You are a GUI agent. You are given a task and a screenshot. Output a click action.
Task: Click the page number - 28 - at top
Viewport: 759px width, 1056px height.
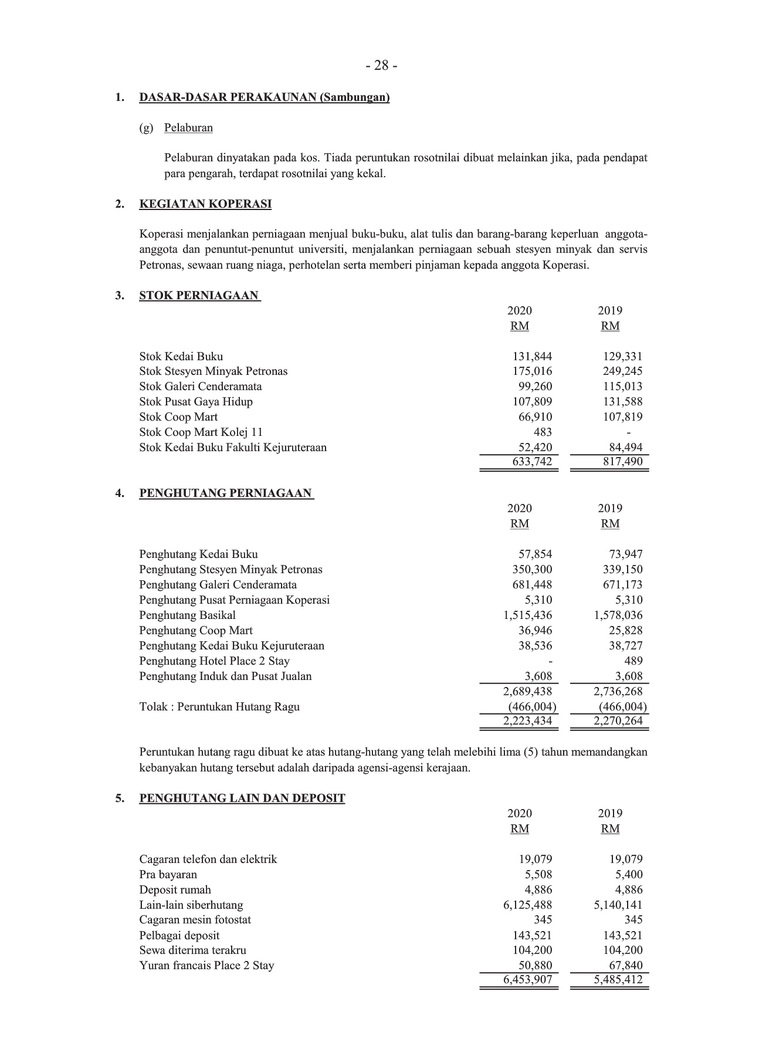(x=381, y=66)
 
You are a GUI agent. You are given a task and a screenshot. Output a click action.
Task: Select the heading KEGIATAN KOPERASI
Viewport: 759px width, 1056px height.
(x=205, y=204)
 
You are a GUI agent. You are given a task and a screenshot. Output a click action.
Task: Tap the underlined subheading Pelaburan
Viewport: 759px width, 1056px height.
(x=188, y=128)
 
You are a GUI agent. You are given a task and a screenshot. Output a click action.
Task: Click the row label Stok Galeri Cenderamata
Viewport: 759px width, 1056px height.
(x=201, y=387)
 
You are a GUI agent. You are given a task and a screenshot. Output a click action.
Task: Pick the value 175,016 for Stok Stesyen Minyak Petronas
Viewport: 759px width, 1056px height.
(x=532, y=371)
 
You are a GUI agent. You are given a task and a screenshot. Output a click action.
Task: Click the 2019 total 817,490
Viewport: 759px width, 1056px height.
(x=622, y=462)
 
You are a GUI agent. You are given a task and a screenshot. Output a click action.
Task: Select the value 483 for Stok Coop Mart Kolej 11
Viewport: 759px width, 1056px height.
(x=543, y=432)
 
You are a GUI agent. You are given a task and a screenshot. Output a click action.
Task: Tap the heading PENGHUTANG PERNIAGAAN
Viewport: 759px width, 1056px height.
(x=226, y=493)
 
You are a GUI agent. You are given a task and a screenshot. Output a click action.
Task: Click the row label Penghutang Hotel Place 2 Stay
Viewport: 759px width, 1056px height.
(x=215, y=661)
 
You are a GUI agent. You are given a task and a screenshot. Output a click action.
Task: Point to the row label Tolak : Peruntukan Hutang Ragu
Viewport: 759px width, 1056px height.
(x=219, y=707)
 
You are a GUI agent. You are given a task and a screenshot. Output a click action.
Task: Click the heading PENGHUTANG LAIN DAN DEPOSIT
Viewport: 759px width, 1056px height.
(x=242, y=798)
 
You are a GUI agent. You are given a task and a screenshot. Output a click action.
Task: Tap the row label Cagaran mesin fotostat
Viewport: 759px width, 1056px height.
(x=195, y=920)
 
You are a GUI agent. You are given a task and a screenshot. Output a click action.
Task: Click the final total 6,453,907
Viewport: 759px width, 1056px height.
(x=527, y=980)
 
